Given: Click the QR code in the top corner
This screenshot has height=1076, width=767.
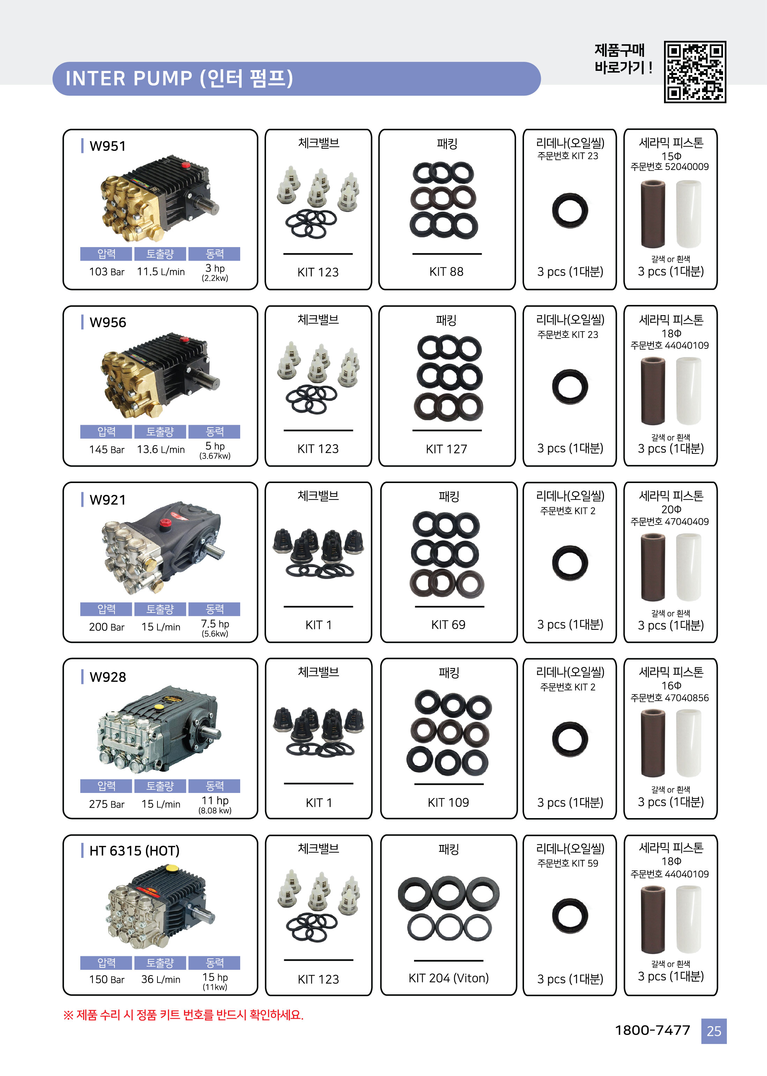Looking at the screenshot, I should click(695, 72).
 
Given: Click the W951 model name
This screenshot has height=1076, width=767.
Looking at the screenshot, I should click(108, 146).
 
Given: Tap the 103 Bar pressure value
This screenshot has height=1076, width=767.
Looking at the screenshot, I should click(107, 272).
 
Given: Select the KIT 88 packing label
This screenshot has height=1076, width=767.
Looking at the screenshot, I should click(446, 272).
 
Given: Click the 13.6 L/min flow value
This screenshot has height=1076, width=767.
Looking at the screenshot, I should click(161, 450).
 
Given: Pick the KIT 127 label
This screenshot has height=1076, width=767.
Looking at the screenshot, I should click(446, 448).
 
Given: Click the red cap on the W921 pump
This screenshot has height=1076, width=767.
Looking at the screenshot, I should click(165, 523).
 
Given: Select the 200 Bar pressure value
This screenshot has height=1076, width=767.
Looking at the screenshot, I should click(107, 627).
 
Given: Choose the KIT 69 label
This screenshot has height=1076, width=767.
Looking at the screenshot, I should click(448, 625).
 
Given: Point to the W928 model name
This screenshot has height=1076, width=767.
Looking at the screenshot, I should click(108, 677).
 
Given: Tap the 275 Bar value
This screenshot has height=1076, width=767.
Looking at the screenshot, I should click(107, 804).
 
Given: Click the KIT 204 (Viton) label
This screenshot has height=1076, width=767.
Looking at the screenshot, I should click(448, 978).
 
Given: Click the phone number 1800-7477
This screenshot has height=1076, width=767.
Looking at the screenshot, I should click(652, 1030).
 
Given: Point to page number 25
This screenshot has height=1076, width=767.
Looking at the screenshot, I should click(714, 1031).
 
